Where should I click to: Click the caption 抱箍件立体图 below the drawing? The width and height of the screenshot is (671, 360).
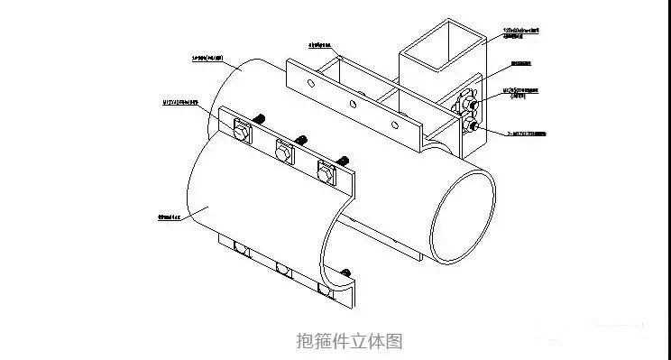pyautogui.click(x=347, y=341)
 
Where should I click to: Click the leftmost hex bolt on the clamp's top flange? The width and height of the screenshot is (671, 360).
pyautogui.click(x=241, y=133)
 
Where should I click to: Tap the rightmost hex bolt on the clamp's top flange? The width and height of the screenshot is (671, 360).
pyautogui.click(x=326, y=169)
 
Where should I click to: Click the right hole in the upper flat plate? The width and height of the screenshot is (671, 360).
pyautogui.click(x=393, y=119)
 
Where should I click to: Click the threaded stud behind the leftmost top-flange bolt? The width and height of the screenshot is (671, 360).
pyautogui.click(x=261, y=118)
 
